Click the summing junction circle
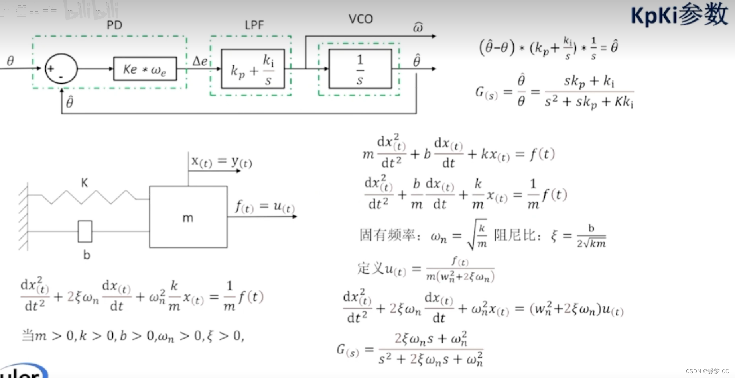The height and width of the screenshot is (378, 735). pyautogui.click(x=61, y=69)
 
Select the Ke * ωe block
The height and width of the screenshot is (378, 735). pyautogui.click(x=145, y=69)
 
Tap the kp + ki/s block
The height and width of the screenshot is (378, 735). pyautogui.click(x=252, y=69)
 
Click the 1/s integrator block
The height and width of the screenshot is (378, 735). pyautogui.click(x=360, y=69)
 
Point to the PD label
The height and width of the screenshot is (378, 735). pyautogui.click(x=114, y=25)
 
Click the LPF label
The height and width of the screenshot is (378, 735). pyautogui.click(x=254, y=25)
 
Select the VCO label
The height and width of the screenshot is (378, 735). pyautogui.click(x=361, y=19)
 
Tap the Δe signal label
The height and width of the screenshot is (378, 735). pyautogui.click(x=200, y=61)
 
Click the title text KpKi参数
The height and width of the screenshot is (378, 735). pyautogui.click(x=679, y=15)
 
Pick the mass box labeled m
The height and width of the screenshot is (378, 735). pyautogui.click(x=188, y=217)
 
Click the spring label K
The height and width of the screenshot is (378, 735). pyautogui.click(x=84, y=183)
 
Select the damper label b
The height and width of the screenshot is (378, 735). pyautogui.click(x=87, y=255)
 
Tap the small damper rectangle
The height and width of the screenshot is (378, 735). pyautogui.click(x=85, y=231)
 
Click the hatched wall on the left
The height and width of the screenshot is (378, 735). pyautogui.click(x=24, y=217)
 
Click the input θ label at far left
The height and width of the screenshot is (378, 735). pyautogui.click(x=10, y=61)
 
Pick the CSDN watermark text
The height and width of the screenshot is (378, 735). pyautogui.click(x=707, y=371)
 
